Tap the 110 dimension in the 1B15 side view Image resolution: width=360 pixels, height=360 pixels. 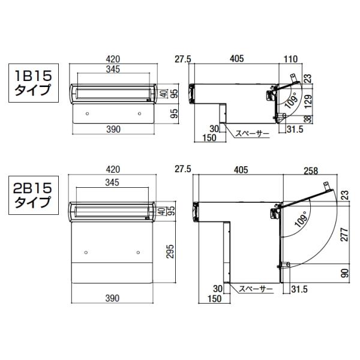pyautogui.click(x=291, y=59)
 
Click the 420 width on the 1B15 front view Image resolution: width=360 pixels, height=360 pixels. pyautogui.click(x=113, y=59)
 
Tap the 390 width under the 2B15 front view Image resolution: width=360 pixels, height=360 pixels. pyautogui.click(x=113, y=298)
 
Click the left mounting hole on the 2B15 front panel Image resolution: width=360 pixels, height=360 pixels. pyautogui.click(x=87, y=251)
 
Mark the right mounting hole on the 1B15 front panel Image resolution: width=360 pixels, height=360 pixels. pyautogui.click(x=139, y=113)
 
